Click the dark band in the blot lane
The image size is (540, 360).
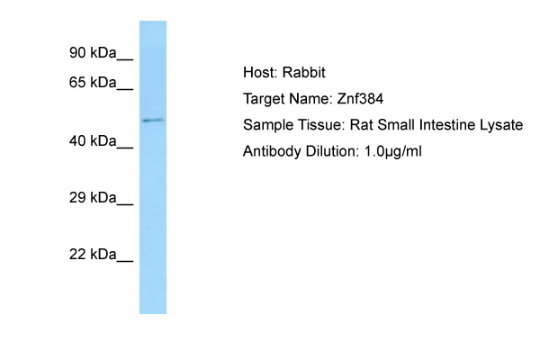click(x=152, y=120)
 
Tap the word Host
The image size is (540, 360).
click(x=259, y=73)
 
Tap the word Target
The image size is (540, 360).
click(x=264, y=99)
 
